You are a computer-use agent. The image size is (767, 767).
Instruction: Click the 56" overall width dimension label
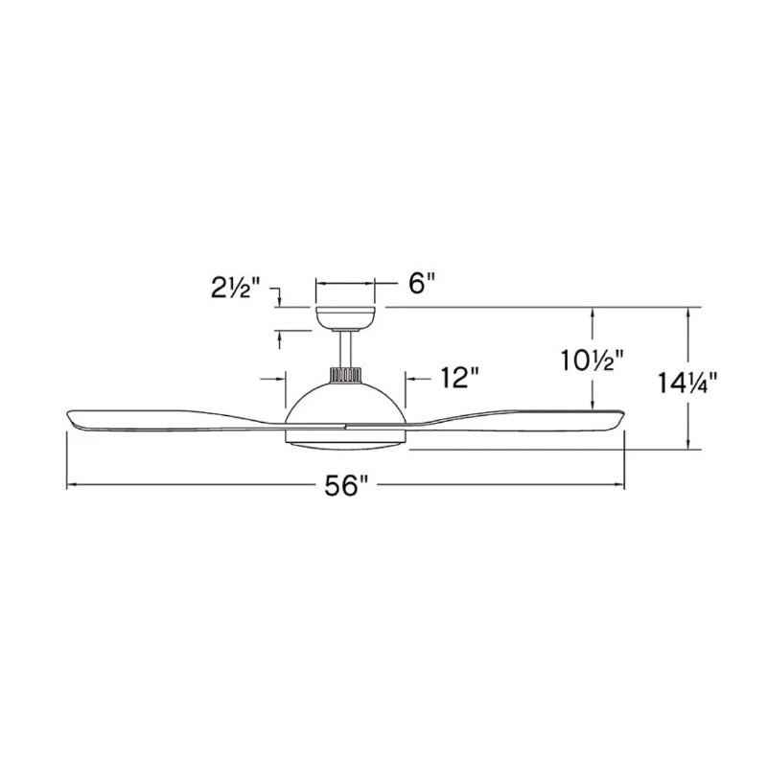346,486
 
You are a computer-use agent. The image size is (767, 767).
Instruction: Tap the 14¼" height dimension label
686,383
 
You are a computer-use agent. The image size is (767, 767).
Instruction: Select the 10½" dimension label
593,360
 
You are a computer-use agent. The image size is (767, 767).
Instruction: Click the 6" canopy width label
422,283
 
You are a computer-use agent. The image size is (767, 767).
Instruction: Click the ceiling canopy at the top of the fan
345,318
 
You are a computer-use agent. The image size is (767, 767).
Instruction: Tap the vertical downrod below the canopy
346,349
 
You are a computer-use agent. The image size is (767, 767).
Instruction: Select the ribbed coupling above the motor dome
346,375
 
